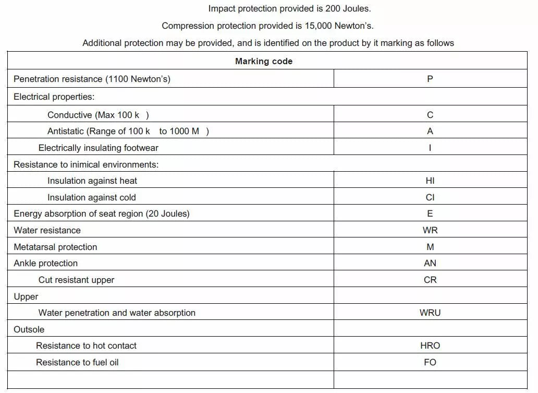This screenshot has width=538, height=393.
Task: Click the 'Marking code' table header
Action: (x=263, y=61)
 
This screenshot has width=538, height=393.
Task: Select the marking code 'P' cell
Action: (x=430, y=79)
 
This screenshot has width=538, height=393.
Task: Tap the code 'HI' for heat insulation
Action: (x=430, y=181)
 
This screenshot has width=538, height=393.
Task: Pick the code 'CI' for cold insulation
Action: (x=430, y=197)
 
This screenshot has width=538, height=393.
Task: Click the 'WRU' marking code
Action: (x=430, y=313)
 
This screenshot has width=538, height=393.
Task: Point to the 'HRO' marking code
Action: (x=430, y=346)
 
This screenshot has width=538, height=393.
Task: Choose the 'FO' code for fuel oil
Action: (x=430, y=362)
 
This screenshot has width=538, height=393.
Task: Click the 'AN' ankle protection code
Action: (x=430, y=263)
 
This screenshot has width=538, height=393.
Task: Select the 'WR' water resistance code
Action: (x=430, y=230)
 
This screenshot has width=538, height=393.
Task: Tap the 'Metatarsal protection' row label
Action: (x=55, y=247)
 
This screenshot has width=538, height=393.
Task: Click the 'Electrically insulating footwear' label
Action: (x=98, y=148)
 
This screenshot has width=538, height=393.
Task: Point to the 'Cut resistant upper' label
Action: (x=76, y=280)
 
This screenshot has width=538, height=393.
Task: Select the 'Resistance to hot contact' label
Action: (x=86, y=346)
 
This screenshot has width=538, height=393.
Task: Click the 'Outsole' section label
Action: (x=29, y=329)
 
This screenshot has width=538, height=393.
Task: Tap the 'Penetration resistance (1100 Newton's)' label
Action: (x=92, y=79)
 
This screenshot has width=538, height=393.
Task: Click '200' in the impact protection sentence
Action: (x=333, y=8)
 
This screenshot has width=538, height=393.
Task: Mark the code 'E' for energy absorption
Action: (x=430, y=213)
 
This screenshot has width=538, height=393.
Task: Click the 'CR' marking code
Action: (x=430, y=280)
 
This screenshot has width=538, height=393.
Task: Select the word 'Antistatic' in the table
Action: (x=66, y=131)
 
